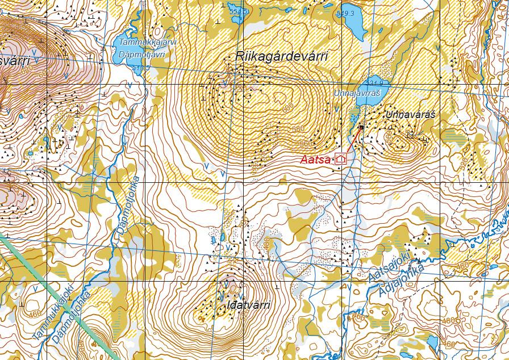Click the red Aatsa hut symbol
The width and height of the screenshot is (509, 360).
click(x=341, y=159)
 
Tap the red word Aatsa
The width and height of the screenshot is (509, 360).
click(x=315, y=160)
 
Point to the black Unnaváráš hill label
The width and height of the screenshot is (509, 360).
click(x=410, y=115)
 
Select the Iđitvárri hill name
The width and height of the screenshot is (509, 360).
click(x=247, y=305)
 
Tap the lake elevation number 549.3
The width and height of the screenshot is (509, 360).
click(x=345, y=14)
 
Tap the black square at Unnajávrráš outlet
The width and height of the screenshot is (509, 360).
click(x=361, y=128)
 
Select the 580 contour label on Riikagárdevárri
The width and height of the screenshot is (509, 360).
click(x=297, y=129)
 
